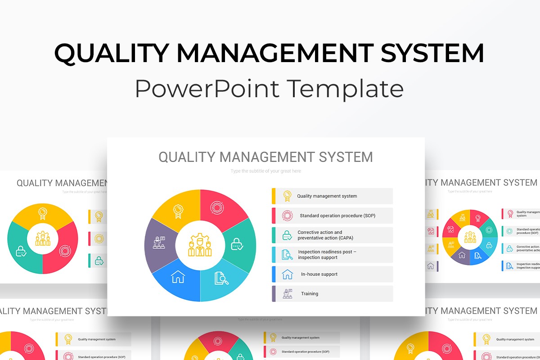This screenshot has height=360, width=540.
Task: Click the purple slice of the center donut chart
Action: coord(159,245)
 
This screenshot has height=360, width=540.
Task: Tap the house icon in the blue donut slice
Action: coord(178,277)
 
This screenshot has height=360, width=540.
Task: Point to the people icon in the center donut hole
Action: coord(200,245)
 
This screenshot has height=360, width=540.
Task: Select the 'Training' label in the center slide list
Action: coord(310,294)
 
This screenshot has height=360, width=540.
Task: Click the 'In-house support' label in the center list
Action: coord(319,274)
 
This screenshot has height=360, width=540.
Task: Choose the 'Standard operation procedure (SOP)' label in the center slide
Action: coord(337,216)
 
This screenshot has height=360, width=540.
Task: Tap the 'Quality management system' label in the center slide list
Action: coord(327,196)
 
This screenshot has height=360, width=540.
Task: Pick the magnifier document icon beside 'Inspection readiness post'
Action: coord(287,255)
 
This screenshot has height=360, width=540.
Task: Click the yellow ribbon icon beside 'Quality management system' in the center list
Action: coord(287,196)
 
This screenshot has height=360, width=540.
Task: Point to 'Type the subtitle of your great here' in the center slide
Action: coord(265,171)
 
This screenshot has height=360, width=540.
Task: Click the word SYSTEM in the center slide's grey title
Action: coord(346,157)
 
